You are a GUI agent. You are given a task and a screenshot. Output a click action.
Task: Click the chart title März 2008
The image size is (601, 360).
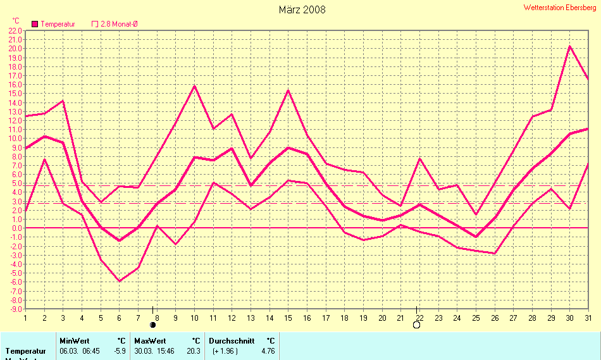(x=302, y=9)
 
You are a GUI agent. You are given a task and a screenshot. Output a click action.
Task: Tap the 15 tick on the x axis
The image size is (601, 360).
(x=288, y=318)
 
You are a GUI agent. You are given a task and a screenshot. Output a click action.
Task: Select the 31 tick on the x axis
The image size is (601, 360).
(x=588, y=318)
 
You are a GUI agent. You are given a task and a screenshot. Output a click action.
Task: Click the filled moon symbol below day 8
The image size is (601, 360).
(x=152, y=325)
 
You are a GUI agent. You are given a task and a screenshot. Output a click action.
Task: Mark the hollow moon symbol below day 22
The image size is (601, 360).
(x=416, y=325)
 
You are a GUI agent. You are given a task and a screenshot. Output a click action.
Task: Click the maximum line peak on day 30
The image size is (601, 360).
(x=569, y=46)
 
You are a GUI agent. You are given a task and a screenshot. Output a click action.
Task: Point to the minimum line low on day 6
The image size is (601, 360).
(x=119, y=281)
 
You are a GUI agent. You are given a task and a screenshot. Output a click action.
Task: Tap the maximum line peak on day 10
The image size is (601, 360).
(x=194, y=86)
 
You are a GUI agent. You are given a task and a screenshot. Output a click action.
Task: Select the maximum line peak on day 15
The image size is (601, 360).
(x=288, y=90)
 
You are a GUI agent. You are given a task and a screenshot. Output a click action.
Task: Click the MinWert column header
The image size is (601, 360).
(x=74, y=340)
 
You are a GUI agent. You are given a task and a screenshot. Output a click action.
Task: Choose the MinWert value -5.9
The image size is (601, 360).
(x=120, y=351)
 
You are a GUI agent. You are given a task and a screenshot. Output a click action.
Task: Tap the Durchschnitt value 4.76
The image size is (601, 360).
(x=268, y=351)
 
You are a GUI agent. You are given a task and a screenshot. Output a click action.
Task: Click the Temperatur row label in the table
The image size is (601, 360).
(x=25, y=351)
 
